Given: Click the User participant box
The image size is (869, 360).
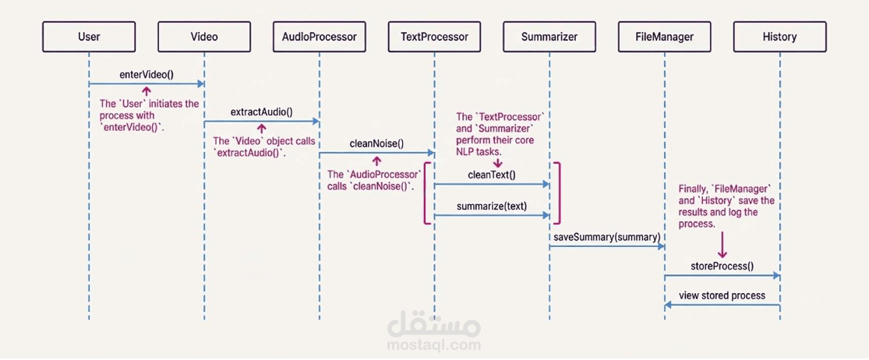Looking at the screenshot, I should [x=89, y=37].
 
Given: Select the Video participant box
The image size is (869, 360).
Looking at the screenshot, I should [x=204, y=37].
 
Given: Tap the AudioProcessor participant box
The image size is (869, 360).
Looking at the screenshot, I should [x=320, y=37].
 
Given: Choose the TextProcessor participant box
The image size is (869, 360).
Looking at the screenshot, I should [x=434, y=37].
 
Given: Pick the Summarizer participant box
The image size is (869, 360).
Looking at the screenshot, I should [x=549, y=37].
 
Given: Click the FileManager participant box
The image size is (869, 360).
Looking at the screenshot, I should [x=665, y=37].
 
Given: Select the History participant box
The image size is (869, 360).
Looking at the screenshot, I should [x=779, y=37].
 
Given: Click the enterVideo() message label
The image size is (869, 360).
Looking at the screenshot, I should [x=147, y=75].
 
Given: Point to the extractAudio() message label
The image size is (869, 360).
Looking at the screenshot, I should [x=261, y=111].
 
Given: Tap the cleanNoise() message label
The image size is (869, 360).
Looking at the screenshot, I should [x=376, y=143].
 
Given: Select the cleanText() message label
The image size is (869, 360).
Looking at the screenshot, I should [x=492, y=175].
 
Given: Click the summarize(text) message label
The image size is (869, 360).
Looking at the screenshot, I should [x=492, y=206].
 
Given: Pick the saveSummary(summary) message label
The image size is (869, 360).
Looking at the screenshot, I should [x=607, y=236].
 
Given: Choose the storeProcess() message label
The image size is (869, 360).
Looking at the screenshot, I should [x=722, y=266].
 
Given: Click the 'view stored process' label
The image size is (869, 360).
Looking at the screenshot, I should [x=722, y=295].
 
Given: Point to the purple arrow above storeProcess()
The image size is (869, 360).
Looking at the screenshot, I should [x=722, y=245].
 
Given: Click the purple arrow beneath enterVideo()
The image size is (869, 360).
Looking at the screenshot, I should [x=146, y=91].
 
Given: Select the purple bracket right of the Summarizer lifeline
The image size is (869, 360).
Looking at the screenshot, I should [x=559, y=192].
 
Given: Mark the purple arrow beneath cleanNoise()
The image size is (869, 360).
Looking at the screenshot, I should [x=376, y=161].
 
